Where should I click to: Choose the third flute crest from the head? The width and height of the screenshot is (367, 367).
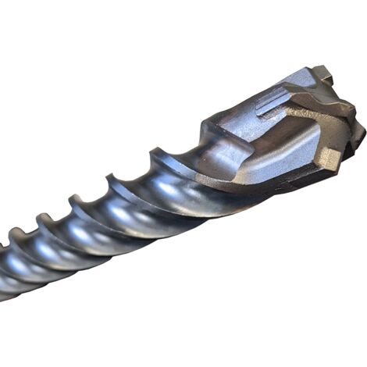[78, 201]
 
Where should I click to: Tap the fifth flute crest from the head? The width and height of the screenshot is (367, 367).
[16, 233]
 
